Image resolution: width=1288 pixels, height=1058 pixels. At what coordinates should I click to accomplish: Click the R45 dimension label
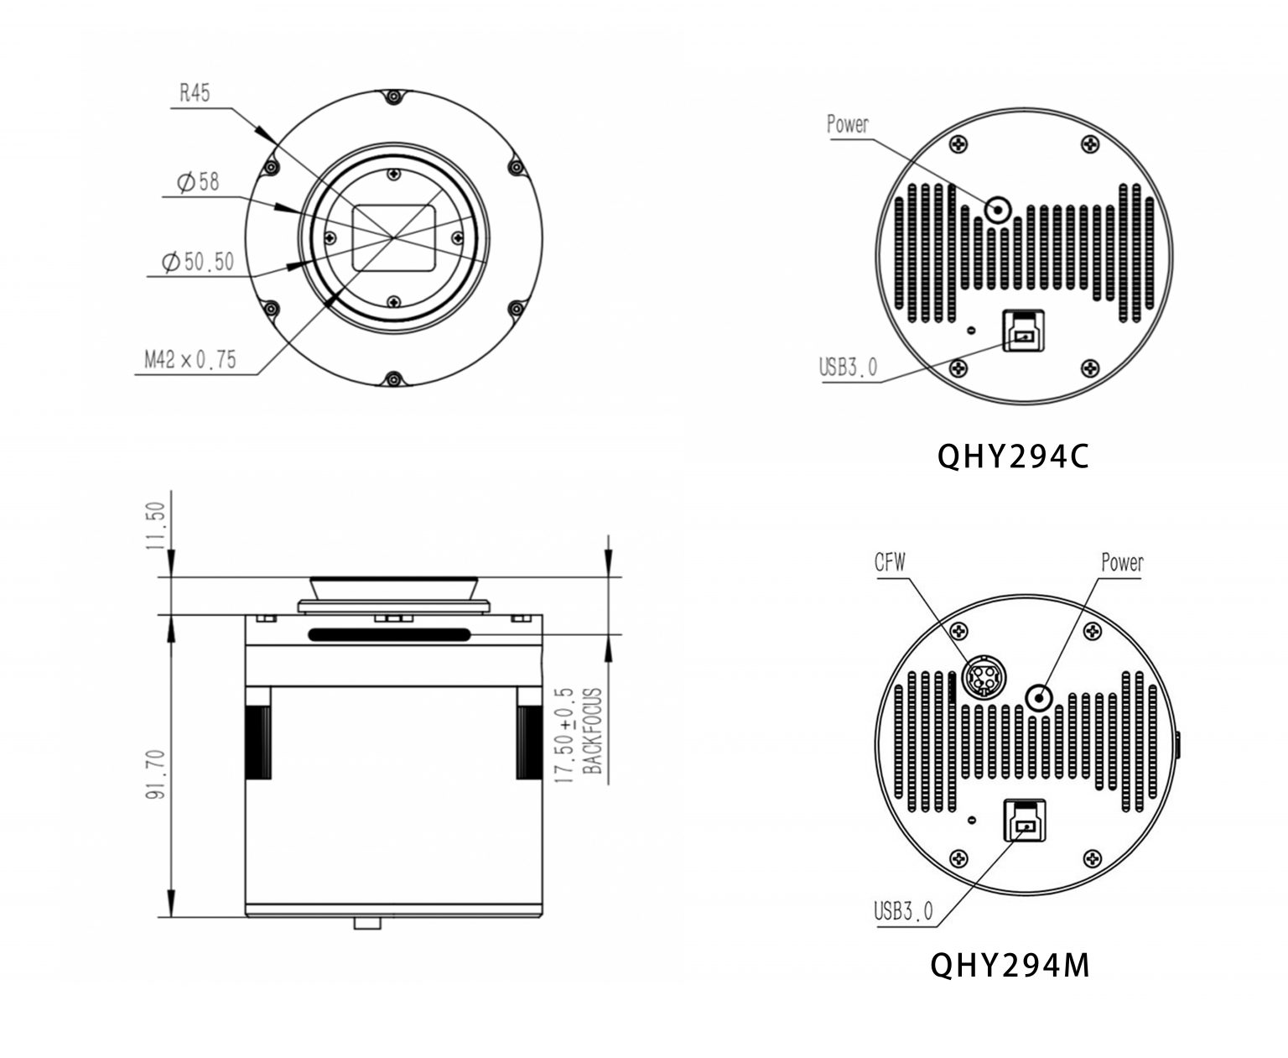tap(195, 93)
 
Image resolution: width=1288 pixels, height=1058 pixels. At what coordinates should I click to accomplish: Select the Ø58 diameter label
tap(198, 181)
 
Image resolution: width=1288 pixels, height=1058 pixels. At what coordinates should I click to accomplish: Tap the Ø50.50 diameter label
tap(198, 263)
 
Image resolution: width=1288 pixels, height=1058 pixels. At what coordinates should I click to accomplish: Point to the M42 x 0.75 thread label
tap(190, 360)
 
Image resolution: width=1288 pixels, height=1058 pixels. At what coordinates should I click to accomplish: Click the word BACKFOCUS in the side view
tap(593, 732)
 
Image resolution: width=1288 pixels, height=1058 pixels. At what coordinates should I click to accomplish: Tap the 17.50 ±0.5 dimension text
tap(565, 735)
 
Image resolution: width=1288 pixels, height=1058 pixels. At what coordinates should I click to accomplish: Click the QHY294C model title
tap(1012, 457)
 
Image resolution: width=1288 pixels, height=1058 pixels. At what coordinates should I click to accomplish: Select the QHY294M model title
tap(1010, 965)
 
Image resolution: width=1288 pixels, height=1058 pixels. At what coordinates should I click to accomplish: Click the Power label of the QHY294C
tap(848, 125)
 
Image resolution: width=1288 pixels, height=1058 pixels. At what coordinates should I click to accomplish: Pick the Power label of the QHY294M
tap(1122, 562)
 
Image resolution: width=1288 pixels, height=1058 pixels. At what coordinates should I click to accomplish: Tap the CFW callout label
tap(891, 562)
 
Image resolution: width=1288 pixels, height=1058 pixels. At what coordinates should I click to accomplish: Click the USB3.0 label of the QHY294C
tap(849, 367)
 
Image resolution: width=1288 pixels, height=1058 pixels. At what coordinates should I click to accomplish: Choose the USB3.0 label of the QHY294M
tap(903, 910)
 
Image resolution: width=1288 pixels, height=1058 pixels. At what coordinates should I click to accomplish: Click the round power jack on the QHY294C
tap(997, 208)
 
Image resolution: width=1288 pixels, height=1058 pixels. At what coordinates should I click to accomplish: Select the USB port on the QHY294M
tap(1024, 820)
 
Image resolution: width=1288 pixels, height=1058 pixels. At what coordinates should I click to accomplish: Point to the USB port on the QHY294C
tap(1024, 331)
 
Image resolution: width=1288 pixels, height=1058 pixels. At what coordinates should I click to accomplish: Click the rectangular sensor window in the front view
tap(394, 237)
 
